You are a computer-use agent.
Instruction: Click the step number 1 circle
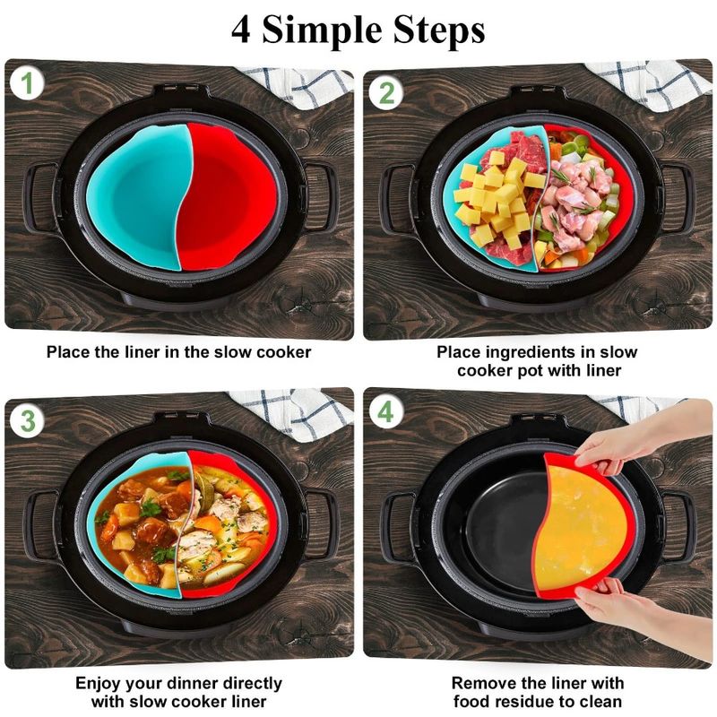27,84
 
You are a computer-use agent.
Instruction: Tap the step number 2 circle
386,92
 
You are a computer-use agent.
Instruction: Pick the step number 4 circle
385,413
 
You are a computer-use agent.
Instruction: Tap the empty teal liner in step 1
139,193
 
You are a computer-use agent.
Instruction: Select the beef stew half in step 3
143,529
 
